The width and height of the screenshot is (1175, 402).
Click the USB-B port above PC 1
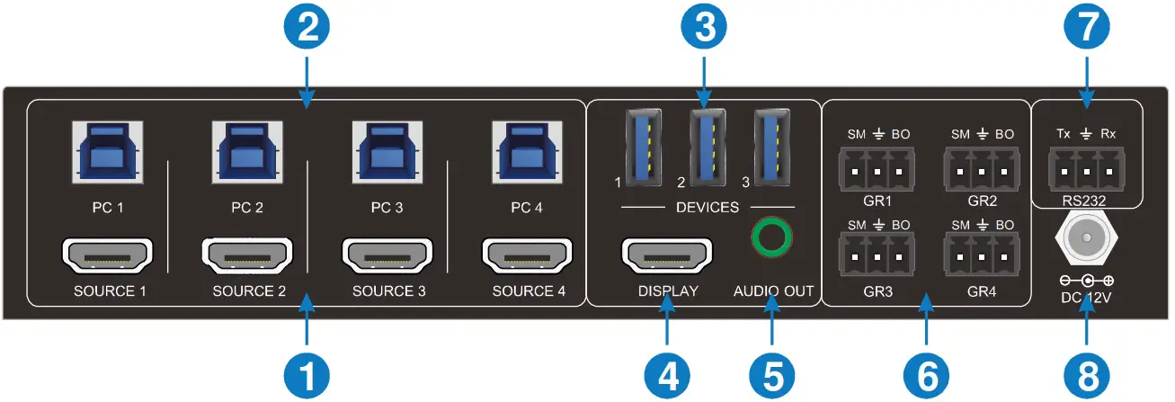107,152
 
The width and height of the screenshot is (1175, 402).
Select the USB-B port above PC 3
386,152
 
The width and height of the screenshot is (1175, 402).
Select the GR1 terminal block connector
870,168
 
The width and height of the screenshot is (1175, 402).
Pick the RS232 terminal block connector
1084,168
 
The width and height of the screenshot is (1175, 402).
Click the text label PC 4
527,209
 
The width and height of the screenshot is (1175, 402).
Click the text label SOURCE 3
388,291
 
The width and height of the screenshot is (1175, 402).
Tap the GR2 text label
982,200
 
